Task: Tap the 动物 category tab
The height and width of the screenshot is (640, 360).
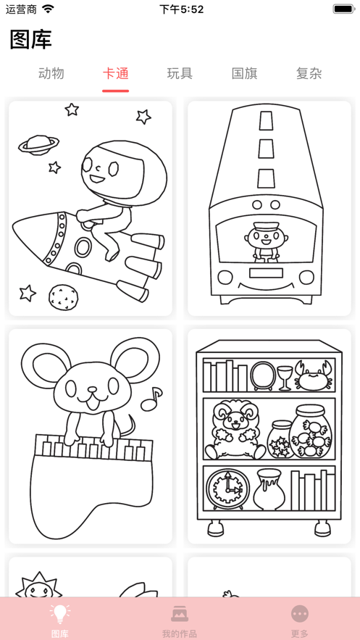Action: tap(51, 73)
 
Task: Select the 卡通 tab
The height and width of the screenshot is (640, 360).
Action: tap(115, 73)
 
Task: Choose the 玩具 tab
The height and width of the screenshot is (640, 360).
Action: tap(180, 73)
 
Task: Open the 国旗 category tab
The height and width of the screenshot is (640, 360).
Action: tap(244, 73)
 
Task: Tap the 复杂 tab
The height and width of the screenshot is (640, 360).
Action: tap(309, 73)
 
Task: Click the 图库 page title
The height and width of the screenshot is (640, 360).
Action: tap(30, 39)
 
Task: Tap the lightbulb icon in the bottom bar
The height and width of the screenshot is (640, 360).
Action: tap(60, 614)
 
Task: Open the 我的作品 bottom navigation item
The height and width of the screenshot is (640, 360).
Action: tap(180, 614)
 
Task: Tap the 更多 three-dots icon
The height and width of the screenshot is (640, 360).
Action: tap(300, 614)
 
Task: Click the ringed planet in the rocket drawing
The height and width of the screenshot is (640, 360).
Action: tap(39, 144)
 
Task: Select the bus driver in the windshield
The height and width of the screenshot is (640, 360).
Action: tap(262, 241)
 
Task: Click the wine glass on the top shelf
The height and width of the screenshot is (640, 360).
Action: tap(285, 377)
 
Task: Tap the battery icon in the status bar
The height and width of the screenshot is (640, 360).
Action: tap(343, 9)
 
